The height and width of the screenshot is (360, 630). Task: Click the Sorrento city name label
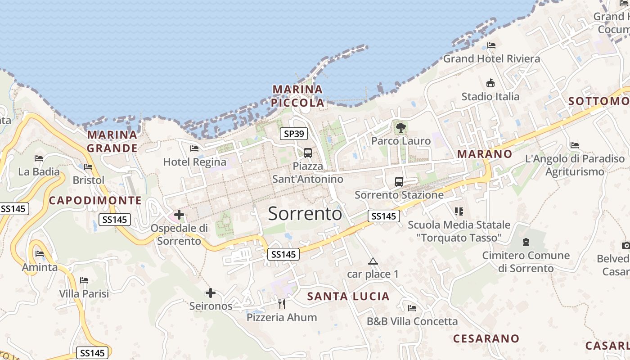point(305,213)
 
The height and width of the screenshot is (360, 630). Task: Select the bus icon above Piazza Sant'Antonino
point(308,153)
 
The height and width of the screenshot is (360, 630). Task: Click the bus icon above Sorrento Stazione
point(399,182)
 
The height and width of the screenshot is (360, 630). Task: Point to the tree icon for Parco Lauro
point(400,128)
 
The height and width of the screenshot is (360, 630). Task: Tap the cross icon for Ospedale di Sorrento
point(179,215)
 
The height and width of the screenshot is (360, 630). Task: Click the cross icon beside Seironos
point(210,293)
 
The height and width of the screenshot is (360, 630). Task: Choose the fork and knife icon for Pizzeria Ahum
point(282,304)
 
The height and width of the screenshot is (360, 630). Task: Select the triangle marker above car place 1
point(373,261)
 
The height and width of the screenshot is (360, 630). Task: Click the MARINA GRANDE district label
point(112,141)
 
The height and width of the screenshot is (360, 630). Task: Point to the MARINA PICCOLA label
point(297,96)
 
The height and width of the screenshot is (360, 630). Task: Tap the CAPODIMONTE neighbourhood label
point(95,201)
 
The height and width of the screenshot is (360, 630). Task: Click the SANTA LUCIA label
point(348,296)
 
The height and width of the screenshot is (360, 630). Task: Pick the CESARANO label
point(486,338)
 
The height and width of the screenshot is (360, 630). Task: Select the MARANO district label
point(485,154)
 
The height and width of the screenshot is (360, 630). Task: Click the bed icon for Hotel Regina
point(194,148)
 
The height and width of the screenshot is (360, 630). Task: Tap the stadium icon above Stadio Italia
point(490,83)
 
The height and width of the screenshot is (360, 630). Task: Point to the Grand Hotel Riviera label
point(491,58)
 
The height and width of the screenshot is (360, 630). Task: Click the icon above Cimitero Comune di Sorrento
point(526,243)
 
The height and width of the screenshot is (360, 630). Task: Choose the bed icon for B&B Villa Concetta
point(412,308)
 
